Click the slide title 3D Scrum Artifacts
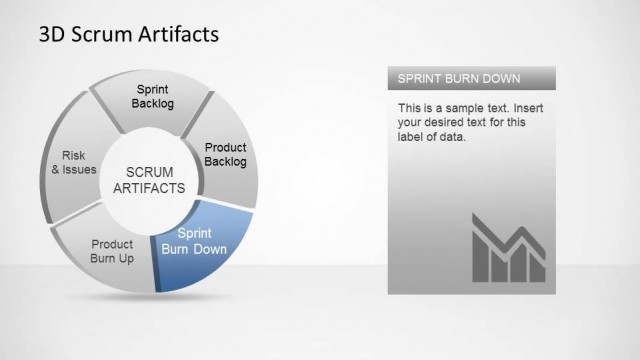tap(128, 35)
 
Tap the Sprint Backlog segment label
tap(153, 96)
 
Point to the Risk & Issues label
tap(73, 162)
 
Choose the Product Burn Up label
tap(112, 250)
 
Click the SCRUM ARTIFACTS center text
tap(149, 179)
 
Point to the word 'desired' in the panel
tap(451, 122)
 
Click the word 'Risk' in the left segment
tap(74, 155)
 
